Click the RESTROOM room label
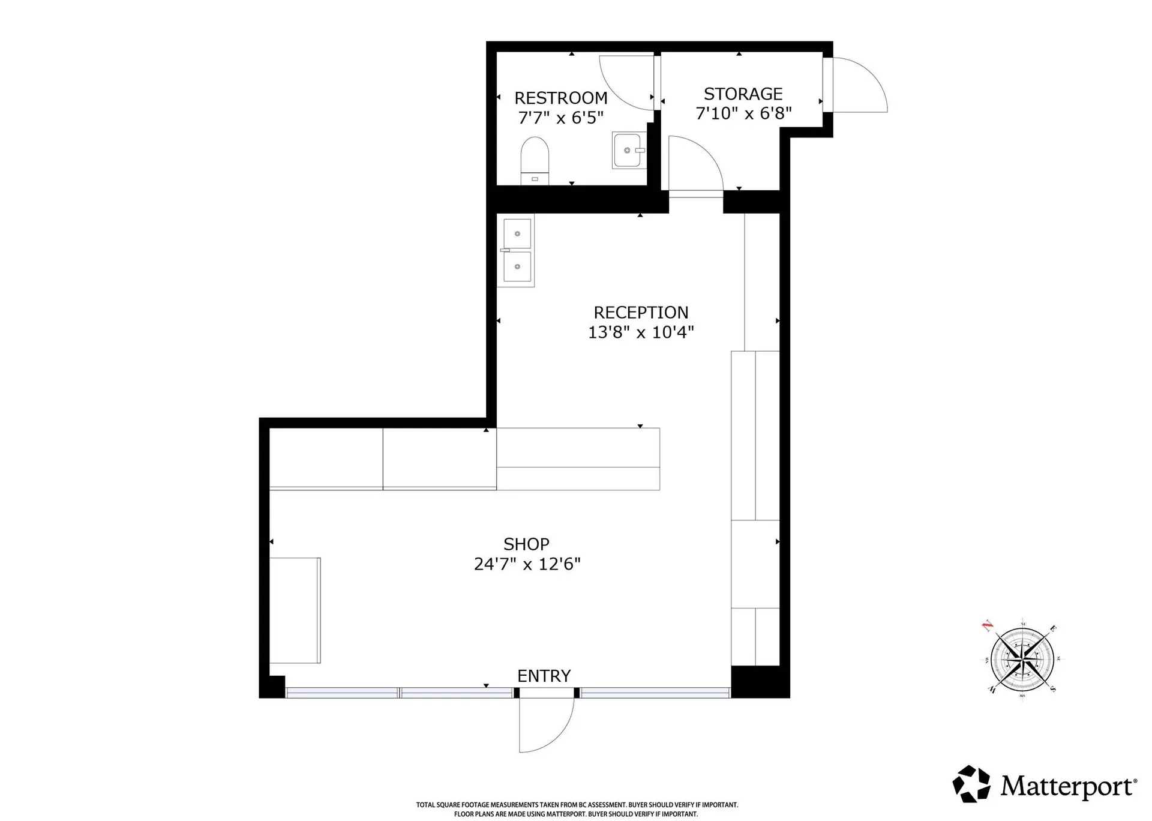(x=560, y=98)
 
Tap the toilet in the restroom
(x=535, y=159)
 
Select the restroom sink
(x=629, y=150)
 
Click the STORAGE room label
(x=743, y=94)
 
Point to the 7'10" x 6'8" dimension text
(x=743, y=113)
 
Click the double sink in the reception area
(x=517, y=250)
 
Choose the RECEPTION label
(x=641, y=312)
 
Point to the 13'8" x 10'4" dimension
(x=641, y=332)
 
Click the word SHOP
(x=526, y=544)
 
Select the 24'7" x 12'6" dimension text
(x=527, y=564)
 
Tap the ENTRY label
(x=544, y=676)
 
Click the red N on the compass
(x=986, y=627)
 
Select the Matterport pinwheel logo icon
(x=971, y=784)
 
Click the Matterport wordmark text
(x=1068, y=786)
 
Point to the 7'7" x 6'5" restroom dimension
(x=560, y=118)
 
